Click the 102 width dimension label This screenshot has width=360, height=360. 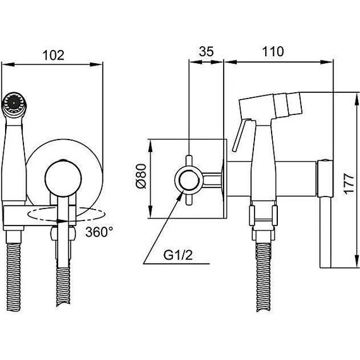coord(54,55)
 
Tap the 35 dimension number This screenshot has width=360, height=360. coord(206,51)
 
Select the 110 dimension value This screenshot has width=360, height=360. coord(273,51)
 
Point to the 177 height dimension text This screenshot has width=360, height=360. coord(349,184)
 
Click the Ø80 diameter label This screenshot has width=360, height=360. coord(141,176)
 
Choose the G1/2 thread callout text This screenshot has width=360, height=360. coord(178,255)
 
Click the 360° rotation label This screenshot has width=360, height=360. coord(99,232)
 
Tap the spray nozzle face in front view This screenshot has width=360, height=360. coord(13,103)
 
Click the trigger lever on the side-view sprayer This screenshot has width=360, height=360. coord(241,135)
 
